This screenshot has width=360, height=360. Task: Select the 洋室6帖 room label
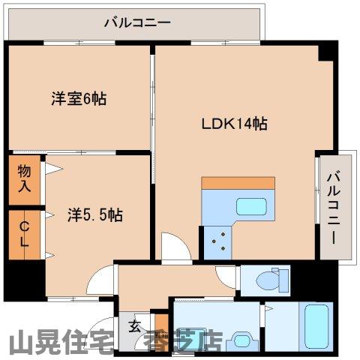pyautogui.click(x=79, y=97)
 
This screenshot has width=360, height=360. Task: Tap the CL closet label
pyautogui.click(x=24, y=234)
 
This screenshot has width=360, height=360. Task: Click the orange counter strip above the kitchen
pyautogui.click(x=238, y=183)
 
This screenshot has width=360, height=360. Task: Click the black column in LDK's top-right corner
pyautogui.click(x=325, y=52)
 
